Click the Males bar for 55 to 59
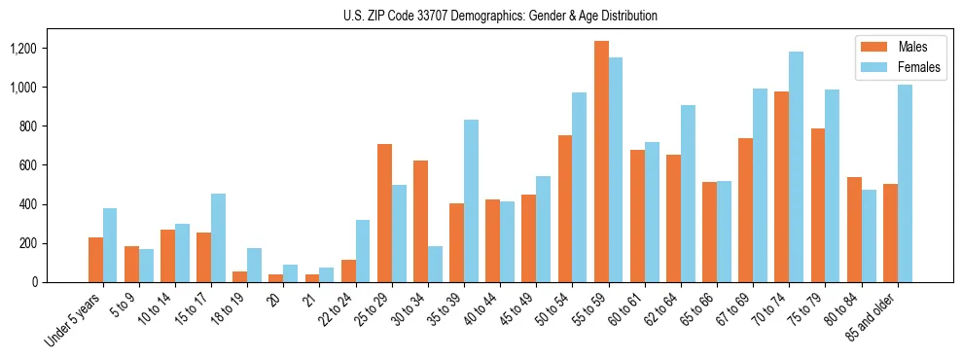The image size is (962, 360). [x=601, y=162]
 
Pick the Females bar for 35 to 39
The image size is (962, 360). [x=471, y=201]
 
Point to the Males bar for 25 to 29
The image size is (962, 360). [x=384, y=213]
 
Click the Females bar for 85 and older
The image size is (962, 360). [x=905, y=184]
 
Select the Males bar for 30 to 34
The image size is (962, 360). [x=420, y=221]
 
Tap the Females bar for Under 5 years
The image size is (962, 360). [x=110, y=245]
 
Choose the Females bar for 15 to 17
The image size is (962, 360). [x=218, y=238]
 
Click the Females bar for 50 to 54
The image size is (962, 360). [x=579, y=188]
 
